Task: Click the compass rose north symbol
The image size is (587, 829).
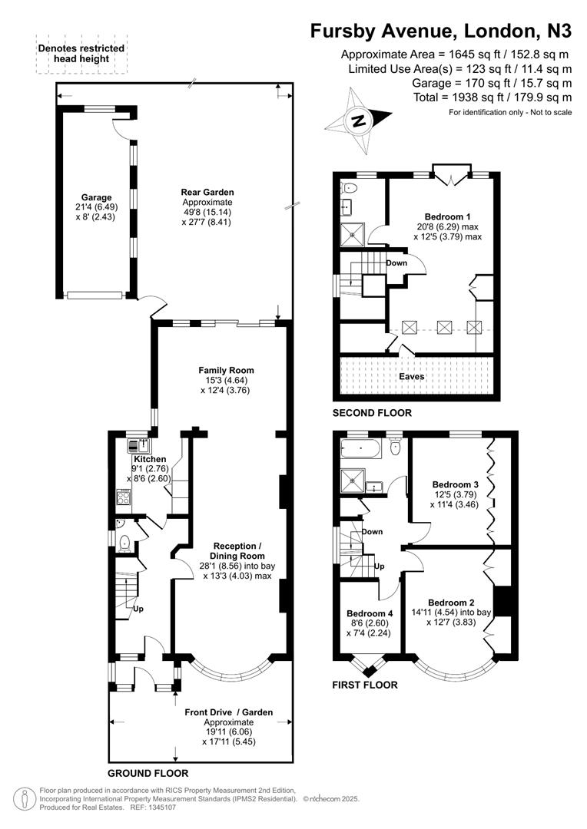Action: tap(358, 121)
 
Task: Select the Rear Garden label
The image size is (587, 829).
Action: tap(207, 192)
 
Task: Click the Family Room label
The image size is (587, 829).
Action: tap(226, 370)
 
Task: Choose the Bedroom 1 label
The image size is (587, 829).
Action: tap(451, 216)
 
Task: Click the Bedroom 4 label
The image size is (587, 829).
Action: tap(370, 613)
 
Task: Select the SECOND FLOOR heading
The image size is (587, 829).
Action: tap(372, 413)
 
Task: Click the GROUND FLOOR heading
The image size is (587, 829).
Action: tap(148, 773)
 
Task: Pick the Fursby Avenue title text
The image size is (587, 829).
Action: tap(441, 31)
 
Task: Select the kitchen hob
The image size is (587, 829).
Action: tap(122, 497)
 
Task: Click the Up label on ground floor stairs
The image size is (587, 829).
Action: tap(138, 609)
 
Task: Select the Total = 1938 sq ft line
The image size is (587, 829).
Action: tap(492, 97)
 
